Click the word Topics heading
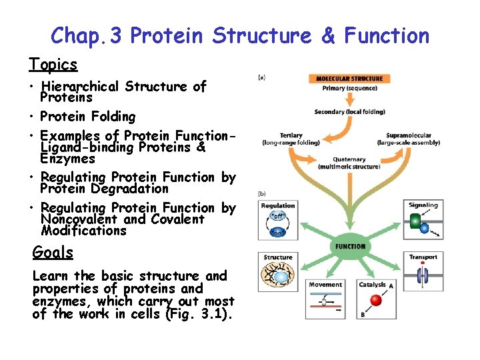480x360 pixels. click(x=53, y=64)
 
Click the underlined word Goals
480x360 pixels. click(x=53, y=252)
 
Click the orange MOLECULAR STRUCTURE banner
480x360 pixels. click(x=350, y=79)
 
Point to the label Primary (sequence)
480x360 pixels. click(x=350, y=88)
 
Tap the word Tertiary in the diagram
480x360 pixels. click(x=291, y=135)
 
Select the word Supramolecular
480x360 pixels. click(x=408, y=135)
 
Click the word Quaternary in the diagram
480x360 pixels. click(x=349, y=160)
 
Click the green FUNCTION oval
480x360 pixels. click(x=350, y=246)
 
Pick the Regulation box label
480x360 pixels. click(x=278, y=206)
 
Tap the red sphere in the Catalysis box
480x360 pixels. click(x=376, y=300)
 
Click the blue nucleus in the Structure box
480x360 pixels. click(x=282, y=277)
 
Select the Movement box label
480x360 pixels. click(x=325, y=285)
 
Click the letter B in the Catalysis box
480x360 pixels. click(x=363, y=313)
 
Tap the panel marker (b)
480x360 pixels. click(x=262, y=194)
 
